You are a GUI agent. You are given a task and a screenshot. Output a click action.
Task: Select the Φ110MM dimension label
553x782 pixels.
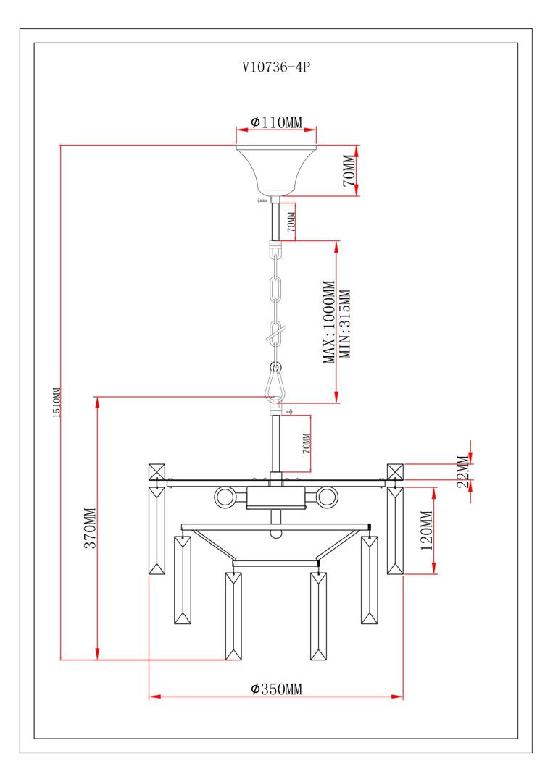pyautogui.click(x=276, y=122)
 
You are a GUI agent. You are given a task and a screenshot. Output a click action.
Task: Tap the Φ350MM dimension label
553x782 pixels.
pyautogui.click(x=276, y=688)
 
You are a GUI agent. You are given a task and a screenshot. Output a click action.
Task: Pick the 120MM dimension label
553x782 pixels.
pyautogui.click(x=426, y=531)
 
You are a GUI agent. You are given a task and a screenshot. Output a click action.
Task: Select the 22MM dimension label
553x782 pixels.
pyautogui.click(x=462, y=473)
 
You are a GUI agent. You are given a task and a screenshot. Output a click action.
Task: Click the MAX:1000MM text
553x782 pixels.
pyautogui.click(x=329, y=322)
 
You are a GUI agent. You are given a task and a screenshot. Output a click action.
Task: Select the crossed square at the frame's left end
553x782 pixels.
pyautogui.click(x=157, y=471)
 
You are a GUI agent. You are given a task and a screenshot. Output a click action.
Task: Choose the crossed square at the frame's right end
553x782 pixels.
pyautogui.click(x=395, y=471)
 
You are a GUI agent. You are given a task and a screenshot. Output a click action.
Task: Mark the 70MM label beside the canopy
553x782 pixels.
pyautogui.click(x=349, y=171)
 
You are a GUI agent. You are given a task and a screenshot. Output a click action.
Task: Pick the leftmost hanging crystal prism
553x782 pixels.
pyautogui.click(x=157, y=531)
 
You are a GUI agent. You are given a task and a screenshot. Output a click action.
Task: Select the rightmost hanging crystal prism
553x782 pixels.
pyautogui.click(x=395, y=531)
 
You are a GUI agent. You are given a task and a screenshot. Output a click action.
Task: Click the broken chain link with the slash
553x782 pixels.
pyautogui.click(x=276, y=333)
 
